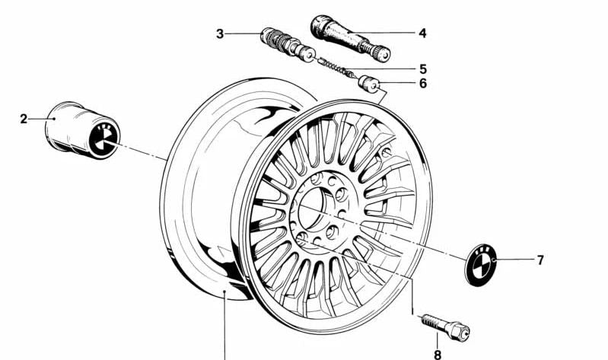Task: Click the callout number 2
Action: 24,119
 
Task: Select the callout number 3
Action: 220,33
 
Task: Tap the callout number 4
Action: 422,33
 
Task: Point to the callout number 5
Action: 422,69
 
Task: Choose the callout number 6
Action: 422,84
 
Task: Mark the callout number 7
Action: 540,260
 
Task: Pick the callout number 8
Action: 438,355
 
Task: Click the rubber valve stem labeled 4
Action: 351,37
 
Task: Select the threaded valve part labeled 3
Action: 288,44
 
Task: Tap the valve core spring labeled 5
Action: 336,67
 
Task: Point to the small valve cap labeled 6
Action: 368,84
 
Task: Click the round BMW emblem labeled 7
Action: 481,265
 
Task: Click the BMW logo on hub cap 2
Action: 103,139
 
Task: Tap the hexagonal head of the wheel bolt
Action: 459,333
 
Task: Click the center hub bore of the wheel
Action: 312,209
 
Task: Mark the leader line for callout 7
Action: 514,260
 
